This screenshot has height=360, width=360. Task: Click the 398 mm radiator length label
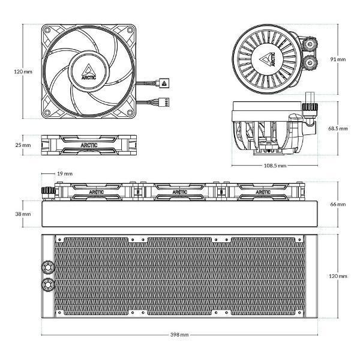click(x=179, y=335)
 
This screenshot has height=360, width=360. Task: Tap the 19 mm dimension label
click(x=65, y=173)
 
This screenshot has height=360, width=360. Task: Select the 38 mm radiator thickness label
click(x=23, y=214)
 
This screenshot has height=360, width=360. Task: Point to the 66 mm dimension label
click(x=338, y=204)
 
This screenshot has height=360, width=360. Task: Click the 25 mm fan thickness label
click(x=23, y=145)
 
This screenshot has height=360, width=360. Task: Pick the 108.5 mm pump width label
click(x=275, y=166)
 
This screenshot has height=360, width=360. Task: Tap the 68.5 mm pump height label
click(x=338, y=128)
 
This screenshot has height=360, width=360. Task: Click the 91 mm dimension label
click(x=338, y=59)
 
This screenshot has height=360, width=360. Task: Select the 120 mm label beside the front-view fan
click(x=23, y=71)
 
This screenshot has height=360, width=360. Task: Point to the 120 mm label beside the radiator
click(x=338, y=276)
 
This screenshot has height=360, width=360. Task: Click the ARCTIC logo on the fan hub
click(x=89, y=72)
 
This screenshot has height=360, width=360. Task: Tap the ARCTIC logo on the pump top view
click(x=268, y=59)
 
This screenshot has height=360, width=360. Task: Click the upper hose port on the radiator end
click(x=48, y=267)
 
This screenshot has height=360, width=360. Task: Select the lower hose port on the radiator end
click(x=48, y=284)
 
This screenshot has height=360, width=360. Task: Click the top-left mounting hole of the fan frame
click(x=47, y=30)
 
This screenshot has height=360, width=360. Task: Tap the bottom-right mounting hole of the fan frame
click(x=130, y=113)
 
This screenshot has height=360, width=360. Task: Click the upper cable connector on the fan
click(x=163, y=83)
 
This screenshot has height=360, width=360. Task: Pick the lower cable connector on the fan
click(x=165, y=102)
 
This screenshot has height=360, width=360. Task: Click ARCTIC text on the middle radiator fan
click(x=180, y=192)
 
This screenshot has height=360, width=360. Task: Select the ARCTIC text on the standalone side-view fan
click(x=89, y=145)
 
